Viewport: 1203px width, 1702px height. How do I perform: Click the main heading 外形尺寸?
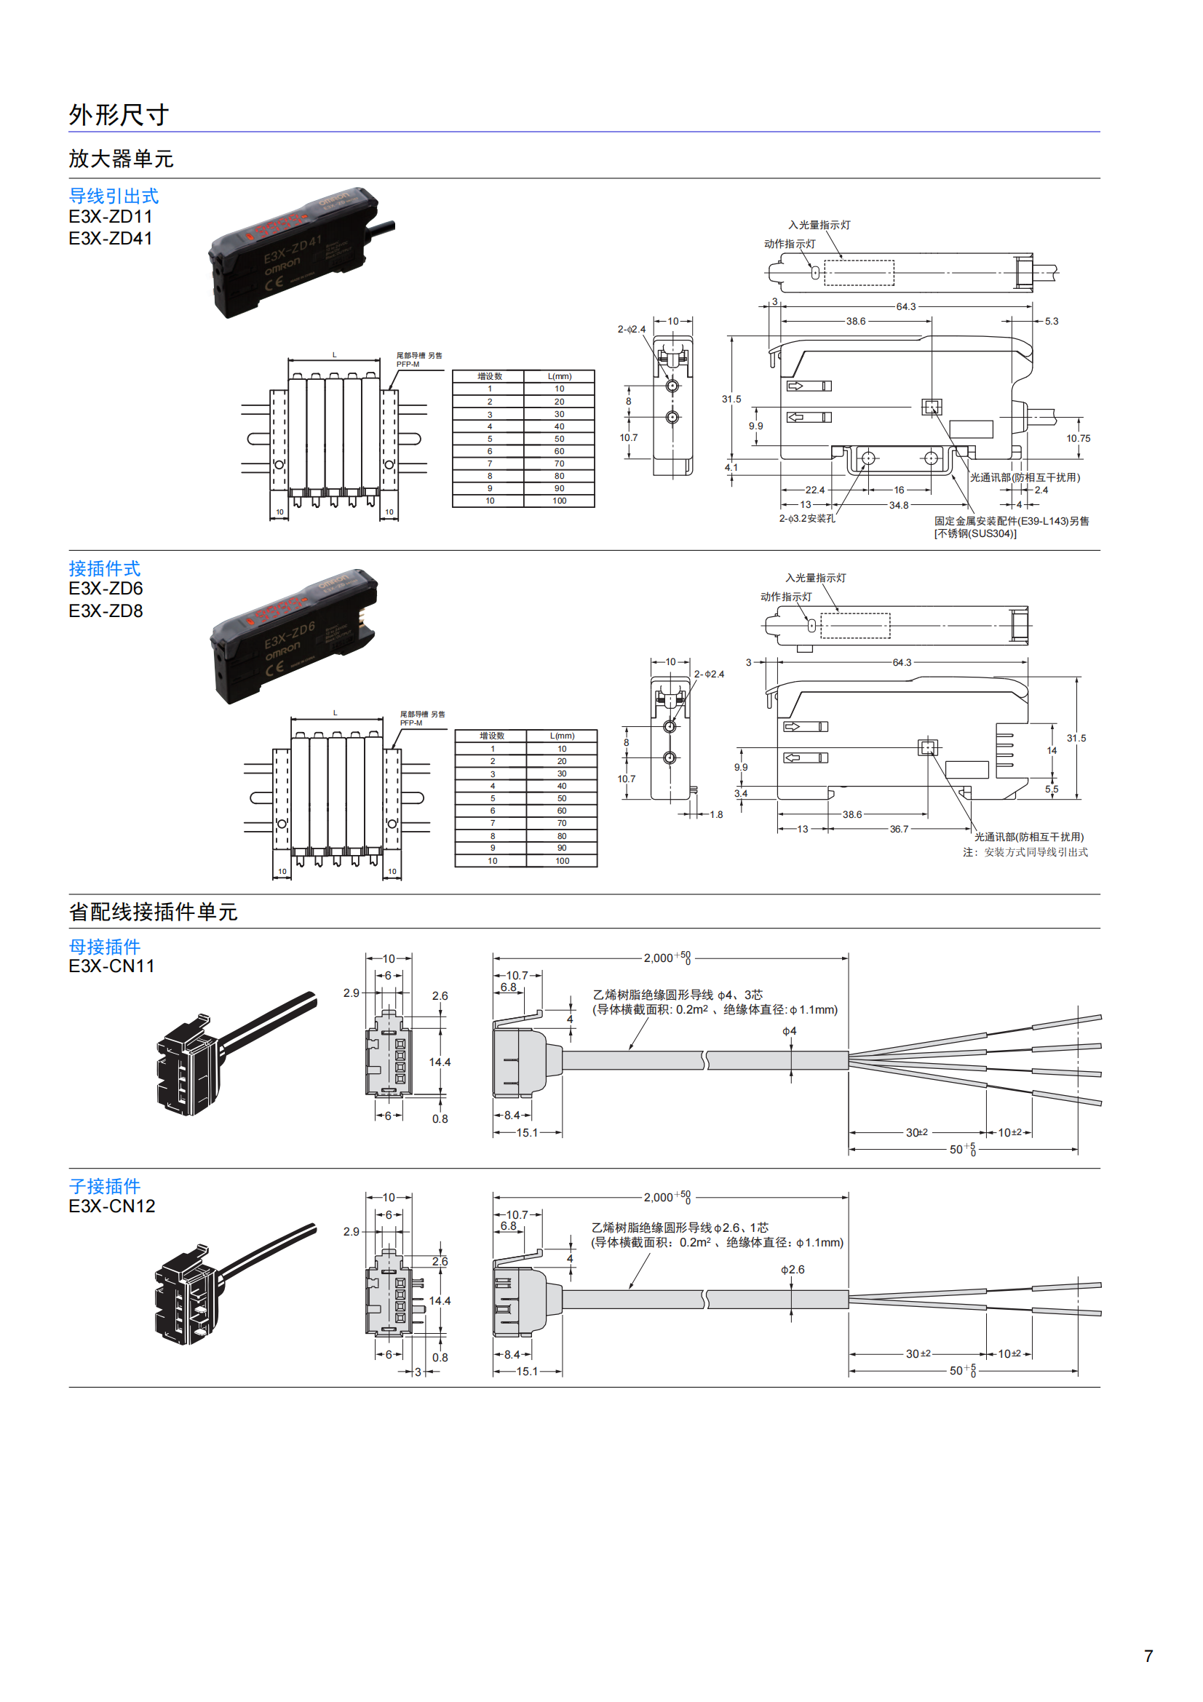(119, 115)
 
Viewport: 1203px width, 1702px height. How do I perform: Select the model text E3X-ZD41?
(111, 239)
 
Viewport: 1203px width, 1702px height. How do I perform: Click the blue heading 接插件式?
(105, 568)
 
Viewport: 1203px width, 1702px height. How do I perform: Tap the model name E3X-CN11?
(111, 966)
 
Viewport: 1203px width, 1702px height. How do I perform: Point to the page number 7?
(1148, 1656)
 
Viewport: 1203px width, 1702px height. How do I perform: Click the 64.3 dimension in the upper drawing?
(906, 307)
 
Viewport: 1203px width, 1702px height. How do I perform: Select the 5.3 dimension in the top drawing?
(1051, 322)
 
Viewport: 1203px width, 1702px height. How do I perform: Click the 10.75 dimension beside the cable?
(1078, 439)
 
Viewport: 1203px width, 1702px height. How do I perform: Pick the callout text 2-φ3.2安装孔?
(806, 519)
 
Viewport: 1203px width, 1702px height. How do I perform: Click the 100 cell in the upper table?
(559, 501)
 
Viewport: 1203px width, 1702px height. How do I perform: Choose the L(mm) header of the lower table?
(562, 736)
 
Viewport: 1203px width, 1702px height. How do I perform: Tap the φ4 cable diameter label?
(790, 1031)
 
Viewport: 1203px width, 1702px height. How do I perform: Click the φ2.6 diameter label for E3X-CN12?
(793, 1270)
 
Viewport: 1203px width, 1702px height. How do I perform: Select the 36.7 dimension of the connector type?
(898, 830)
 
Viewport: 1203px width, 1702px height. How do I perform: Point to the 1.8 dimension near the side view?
(716, 815)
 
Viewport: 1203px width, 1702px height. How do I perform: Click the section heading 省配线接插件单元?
(153, 912)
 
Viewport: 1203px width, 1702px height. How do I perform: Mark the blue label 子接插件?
(105, 1186)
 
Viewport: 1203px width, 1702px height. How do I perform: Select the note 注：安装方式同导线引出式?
(1025, 853)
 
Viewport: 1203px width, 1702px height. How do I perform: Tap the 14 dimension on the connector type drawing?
(1051, 751)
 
